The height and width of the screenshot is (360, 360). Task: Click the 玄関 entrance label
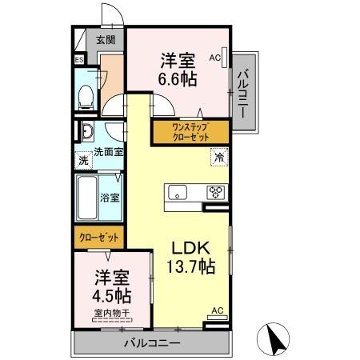click(x=106, y=39)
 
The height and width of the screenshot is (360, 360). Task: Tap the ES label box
click(x=79, y=60)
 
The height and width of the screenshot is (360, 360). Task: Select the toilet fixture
click(x=85, y=97)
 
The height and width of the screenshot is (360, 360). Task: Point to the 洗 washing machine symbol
click(x=83, y=161)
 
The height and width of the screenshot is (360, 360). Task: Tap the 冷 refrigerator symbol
click(x=218, y=158)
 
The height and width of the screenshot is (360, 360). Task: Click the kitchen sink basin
click(x=178, y=192)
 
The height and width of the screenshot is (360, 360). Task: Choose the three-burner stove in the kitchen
click(x=216, y=192)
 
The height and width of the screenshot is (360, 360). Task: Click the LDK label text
click(x=190, y=249)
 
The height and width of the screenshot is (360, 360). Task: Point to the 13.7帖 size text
click(x=190, y=268)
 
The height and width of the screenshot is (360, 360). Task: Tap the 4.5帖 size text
click(x=111, y=294)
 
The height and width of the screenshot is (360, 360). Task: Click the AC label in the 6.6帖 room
click(x=214, y=57)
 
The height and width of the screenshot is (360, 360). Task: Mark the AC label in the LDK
click(x=216, y=310)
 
